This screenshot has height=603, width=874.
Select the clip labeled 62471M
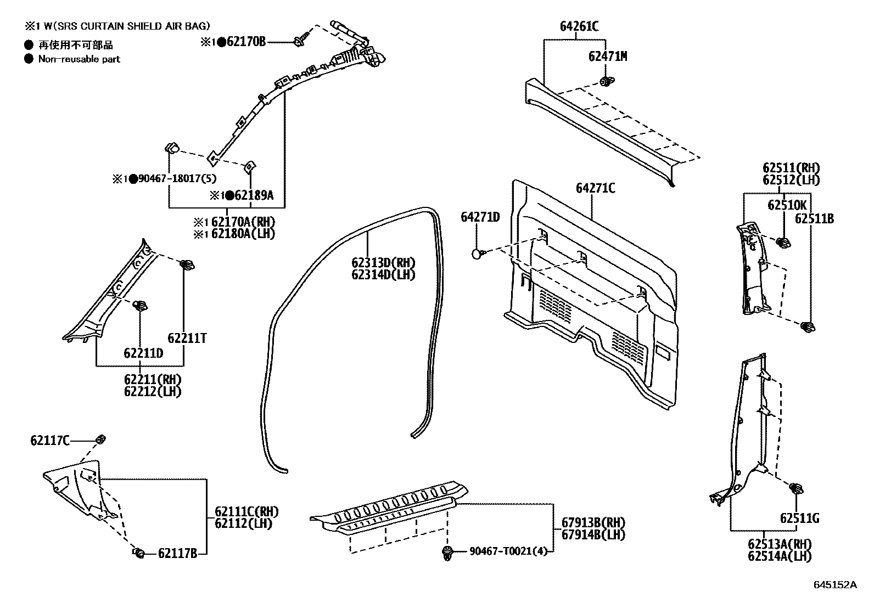click(607, 82)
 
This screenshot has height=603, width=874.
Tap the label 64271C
click(595, 188)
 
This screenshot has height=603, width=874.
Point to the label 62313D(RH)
click(383, 262)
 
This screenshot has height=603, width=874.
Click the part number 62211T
click(187, 338)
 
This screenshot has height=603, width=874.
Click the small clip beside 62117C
click(100, 439)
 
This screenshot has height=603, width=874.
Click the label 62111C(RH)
click(242, 511)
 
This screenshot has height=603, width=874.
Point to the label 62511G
click(799, 517)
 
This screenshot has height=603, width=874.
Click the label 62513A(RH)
click(779, 544)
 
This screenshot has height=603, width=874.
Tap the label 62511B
click(814, 218)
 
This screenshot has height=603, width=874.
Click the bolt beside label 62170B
click(300, 41)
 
